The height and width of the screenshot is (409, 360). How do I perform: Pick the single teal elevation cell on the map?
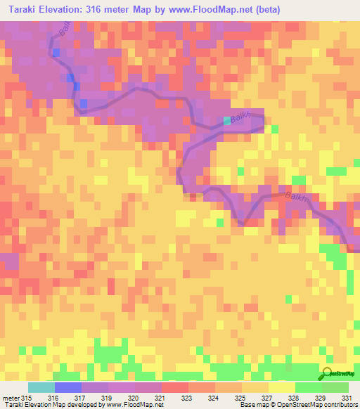(x=226, y=121)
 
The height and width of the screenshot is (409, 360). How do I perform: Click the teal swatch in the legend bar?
(x=41, y=387)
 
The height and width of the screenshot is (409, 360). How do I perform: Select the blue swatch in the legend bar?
(x=68, y=387)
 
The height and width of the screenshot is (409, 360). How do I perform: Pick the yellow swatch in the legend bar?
(x=281, y=387)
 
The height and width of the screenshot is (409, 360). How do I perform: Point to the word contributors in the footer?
(x=340, y=404)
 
